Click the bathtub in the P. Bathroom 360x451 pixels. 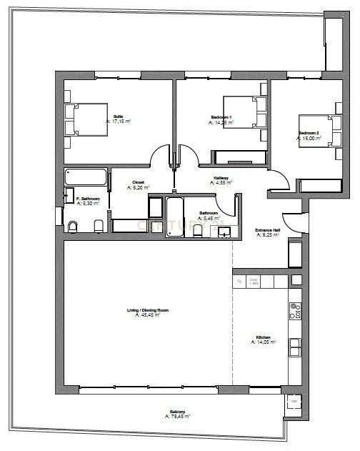[85, 178]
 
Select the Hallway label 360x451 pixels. [221, 178]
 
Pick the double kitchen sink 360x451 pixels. [294, 347]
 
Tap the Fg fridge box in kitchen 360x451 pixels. [239, 282]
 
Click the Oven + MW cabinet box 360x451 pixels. [254, 282]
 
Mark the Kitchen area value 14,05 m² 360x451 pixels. [262, 342]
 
